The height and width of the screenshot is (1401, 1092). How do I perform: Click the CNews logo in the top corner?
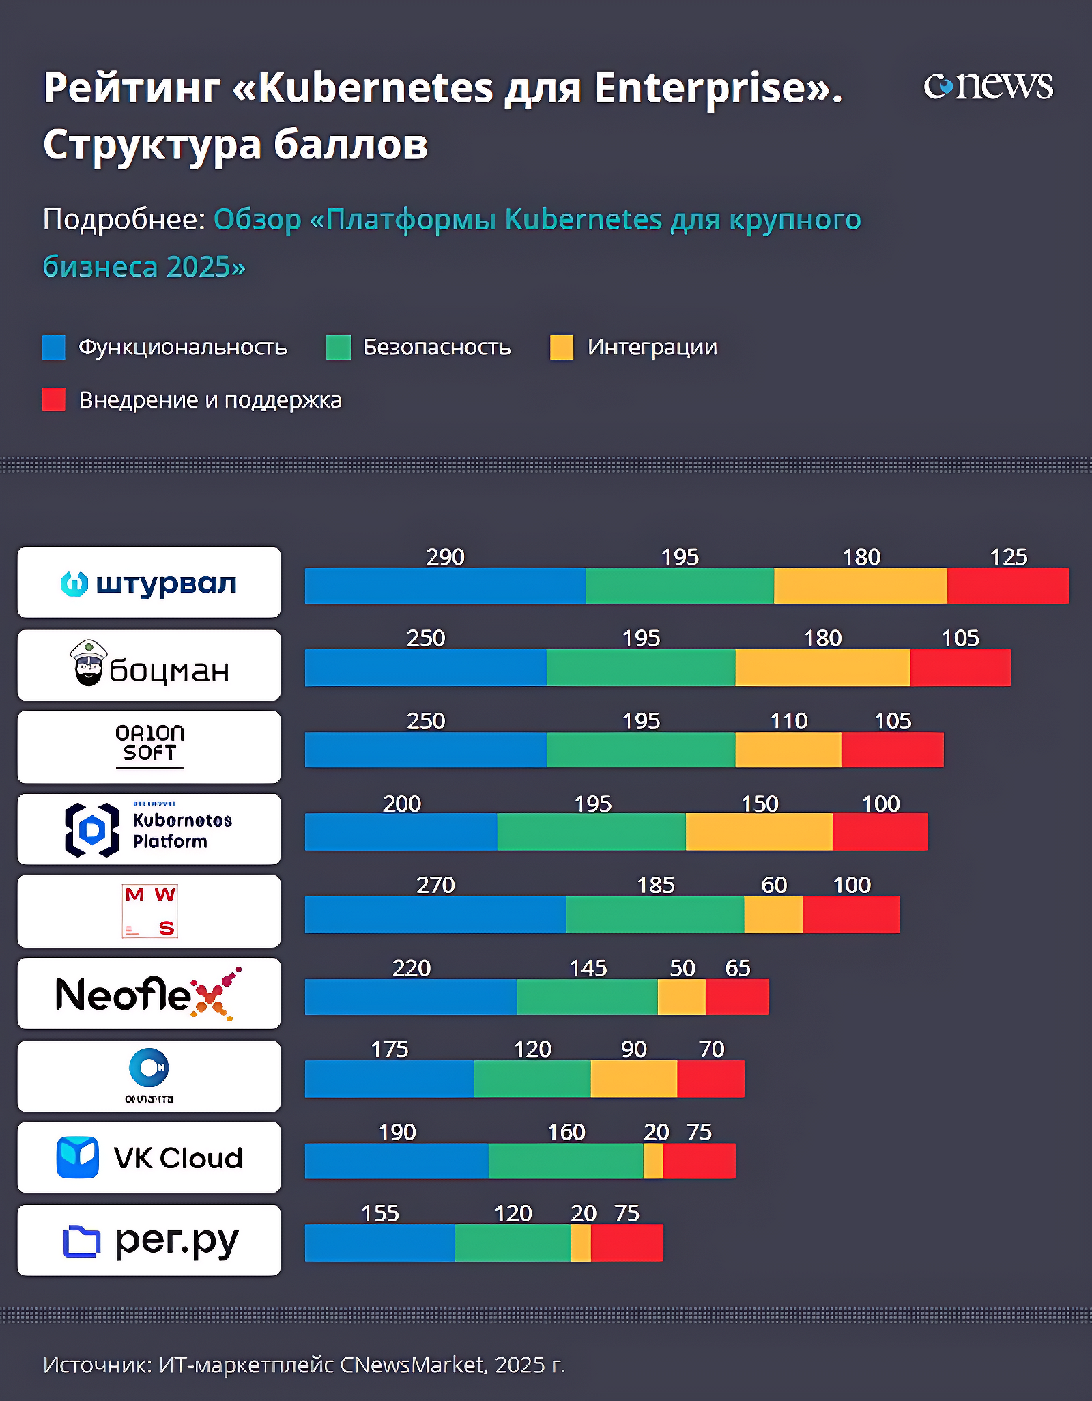point(988,87)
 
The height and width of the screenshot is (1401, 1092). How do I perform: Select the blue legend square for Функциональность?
point(54,347)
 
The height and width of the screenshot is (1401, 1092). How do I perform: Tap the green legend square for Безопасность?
point(338,347)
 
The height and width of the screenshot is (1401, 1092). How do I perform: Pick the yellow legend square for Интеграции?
point(562,347)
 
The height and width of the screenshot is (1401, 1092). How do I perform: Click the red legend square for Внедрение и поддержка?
point(54,399)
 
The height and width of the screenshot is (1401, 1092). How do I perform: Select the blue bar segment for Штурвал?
point(445,586)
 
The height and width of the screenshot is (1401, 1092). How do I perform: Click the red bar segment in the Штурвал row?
point(1008,586)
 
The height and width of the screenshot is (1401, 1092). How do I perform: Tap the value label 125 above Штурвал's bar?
point(1008,557)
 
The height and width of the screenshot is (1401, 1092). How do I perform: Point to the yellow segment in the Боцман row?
point(822,668)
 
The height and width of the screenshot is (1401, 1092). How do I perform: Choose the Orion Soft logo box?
point(149,747)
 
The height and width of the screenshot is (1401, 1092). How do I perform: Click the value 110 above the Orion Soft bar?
point(788,721)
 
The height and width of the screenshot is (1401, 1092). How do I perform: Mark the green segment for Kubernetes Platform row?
point(591,832)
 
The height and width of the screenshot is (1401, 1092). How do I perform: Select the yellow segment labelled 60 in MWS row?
point(773,915)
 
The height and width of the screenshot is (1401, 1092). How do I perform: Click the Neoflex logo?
point(149,993)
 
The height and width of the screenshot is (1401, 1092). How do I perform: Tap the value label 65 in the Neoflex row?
point(737,968)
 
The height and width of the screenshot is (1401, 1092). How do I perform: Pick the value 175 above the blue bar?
point(389,1049)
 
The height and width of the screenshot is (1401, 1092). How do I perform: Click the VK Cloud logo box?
point(149,1158)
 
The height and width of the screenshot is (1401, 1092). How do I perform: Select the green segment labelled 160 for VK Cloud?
point(566,1161)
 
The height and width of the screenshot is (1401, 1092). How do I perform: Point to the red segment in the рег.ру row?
point(627,1243)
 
